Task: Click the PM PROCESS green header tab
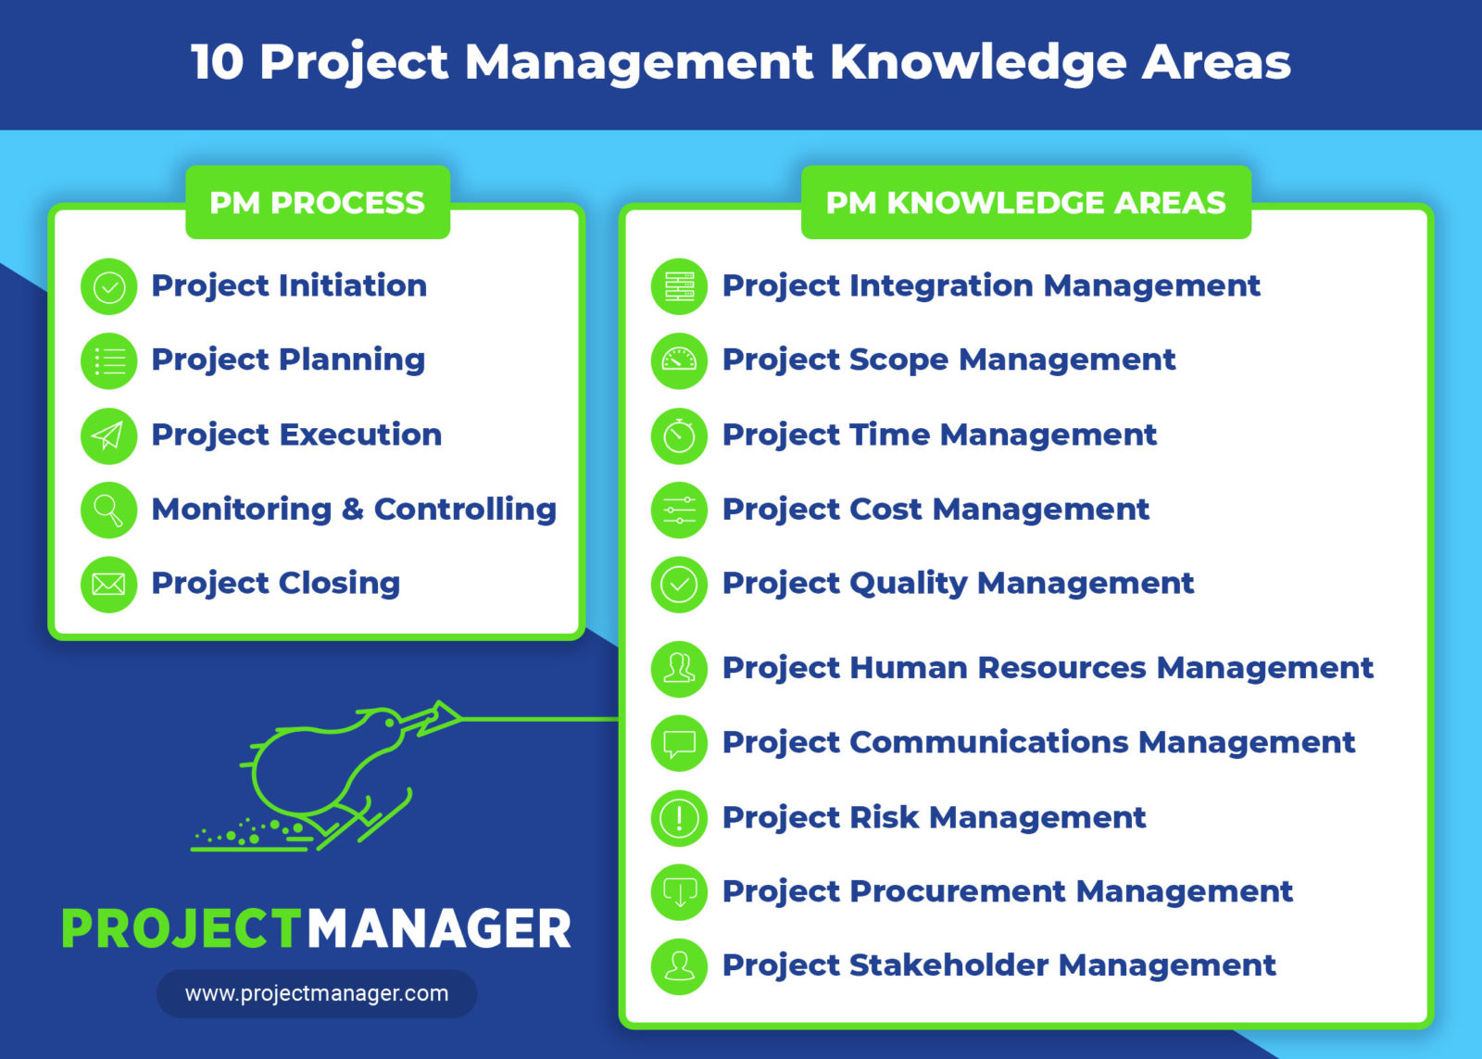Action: tap(317, 202)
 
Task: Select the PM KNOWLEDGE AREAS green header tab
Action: tap(1025, 202)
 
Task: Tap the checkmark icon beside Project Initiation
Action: tap(109, 286)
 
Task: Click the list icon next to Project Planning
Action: tap(109, 360)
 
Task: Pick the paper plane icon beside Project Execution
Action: tap(109, 435)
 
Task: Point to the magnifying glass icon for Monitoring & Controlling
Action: tap(109, 510)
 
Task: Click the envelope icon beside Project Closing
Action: tap(109, 584)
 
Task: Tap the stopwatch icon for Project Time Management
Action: tap(679, 435)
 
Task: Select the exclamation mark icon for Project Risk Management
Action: tap(679, 818)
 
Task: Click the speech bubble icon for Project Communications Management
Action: tap(679, 743)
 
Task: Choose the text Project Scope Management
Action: tap(948, 359)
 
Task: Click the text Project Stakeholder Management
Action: tap(998, 965)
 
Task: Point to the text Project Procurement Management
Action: tap(1007, 891)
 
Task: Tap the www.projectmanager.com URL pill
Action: tap(317, 994)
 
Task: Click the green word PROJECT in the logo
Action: tap(182, 928)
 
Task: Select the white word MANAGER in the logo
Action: tap(439, 928)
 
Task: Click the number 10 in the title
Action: tap(218, 62)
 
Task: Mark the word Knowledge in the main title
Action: tap(976, 62)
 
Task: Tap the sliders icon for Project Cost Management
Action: tap(679, 510)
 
